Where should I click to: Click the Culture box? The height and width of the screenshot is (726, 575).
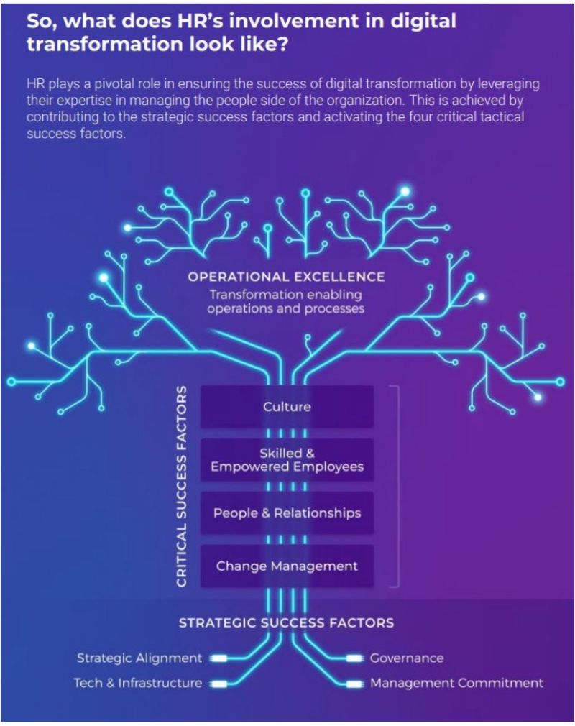[x=287, y=407]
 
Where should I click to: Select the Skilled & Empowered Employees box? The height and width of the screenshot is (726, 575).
[x=287, y=460]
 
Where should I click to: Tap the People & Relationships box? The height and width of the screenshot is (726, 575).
[x=287, y=513]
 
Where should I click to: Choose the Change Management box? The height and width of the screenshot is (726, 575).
[x=287, y=566]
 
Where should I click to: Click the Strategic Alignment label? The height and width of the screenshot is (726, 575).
[x=139, y=658]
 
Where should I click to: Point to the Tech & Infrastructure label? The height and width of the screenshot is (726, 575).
[x=137, y=683]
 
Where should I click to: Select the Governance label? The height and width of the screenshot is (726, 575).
[x=407, y=658]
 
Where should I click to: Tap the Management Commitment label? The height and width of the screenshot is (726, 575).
[x=456, y=683]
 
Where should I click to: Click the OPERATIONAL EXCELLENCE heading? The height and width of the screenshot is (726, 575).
[x=286, y=277]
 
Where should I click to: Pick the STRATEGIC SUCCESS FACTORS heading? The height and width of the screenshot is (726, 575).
[x=286, y=622]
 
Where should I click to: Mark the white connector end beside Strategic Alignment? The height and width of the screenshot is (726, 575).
[x=218, y=658]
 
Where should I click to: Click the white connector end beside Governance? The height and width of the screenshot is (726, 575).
[x=355, y=658]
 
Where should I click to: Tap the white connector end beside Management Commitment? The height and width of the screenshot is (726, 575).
[x=355, y=683]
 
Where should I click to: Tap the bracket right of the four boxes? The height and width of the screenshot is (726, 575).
[x=396, y=486]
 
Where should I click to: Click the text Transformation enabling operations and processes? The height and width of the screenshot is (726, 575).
[x=286, y=302]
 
